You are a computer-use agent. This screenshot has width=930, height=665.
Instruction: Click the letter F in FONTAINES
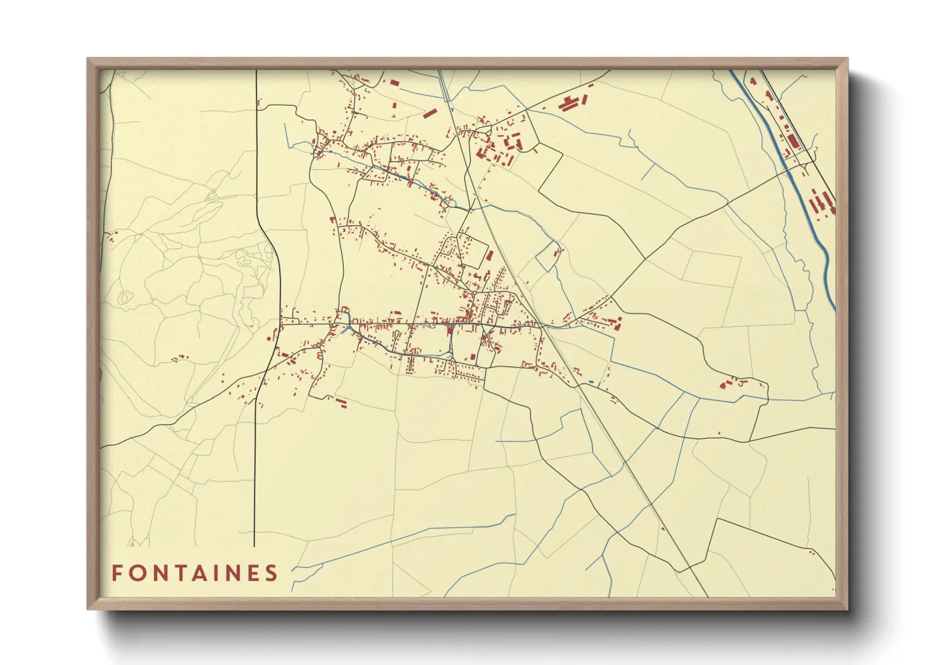pyautogui.click(x=117, y=573)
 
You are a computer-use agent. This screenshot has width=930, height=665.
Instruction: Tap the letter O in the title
pyautogui.click(x=138, y=573)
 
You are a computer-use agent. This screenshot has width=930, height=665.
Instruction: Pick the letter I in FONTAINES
pyautogui.click(x=224, y=573)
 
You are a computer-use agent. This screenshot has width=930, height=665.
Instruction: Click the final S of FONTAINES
pyautogui.click(x=272, y=573)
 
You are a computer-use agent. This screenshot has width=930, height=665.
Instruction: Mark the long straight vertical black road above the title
pyautogui.click(x=254, y=478)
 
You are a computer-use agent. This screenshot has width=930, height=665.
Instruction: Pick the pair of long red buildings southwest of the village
pyautogui.click(x=340, y=402)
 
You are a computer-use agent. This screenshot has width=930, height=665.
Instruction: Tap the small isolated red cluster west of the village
pyautogui.click(x=180, y=358)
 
